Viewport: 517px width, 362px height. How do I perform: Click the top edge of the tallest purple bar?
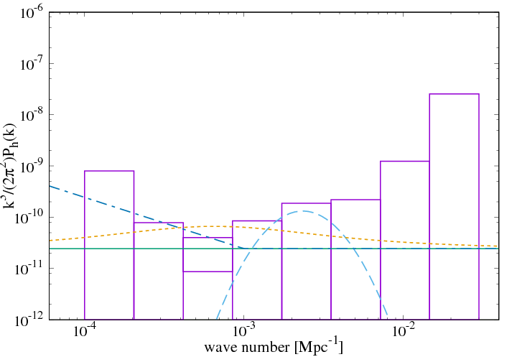click(454, 94)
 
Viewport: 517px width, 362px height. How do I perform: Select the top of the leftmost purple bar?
click(109, 171)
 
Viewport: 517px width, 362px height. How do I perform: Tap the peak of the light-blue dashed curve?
click(304, 211)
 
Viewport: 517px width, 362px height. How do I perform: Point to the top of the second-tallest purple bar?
click(404, 162)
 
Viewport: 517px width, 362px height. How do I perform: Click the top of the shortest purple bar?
click(208, 271)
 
